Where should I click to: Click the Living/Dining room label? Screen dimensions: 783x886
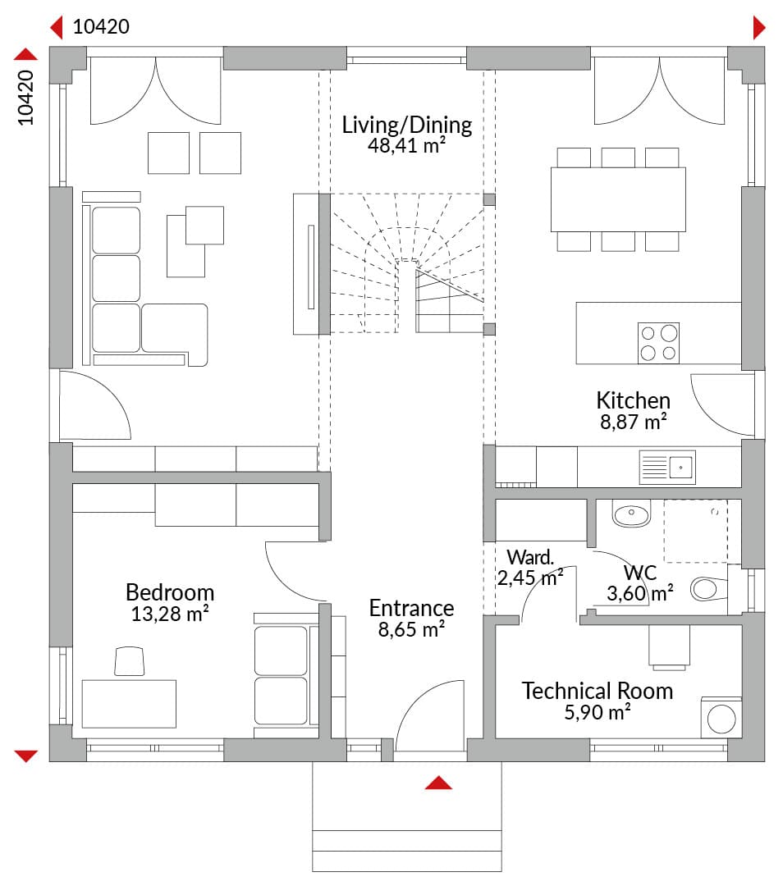click(407, 125)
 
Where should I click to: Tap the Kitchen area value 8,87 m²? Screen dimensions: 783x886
click(633, 422)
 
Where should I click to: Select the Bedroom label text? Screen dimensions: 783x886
click(170, 592)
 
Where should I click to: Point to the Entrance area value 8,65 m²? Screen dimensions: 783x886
click(411, 629)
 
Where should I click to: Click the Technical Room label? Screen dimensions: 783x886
click(597, 691)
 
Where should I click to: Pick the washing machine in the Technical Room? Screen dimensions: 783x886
click(721, 718)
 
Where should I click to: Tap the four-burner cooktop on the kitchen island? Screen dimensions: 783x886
click(658, 343)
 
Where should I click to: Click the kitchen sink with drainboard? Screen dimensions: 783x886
click(667, 468)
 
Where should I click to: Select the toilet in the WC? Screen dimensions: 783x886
click(709, 589)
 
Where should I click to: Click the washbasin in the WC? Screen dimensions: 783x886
click(631, 513)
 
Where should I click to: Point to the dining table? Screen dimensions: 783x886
click(618, 199)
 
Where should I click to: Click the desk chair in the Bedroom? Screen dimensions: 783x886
click(130, 661)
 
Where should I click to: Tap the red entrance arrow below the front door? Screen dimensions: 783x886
click(439, 783)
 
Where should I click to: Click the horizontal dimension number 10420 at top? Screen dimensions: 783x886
click(101, 26)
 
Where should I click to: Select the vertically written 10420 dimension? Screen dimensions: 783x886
click(25, 97)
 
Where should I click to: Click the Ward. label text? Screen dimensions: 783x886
click(529, 557)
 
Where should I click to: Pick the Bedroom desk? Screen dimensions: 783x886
click(129, 704)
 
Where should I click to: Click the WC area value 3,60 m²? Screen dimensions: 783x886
click(640, 593)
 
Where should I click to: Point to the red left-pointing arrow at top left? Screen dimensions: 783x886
click(56, 27)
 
